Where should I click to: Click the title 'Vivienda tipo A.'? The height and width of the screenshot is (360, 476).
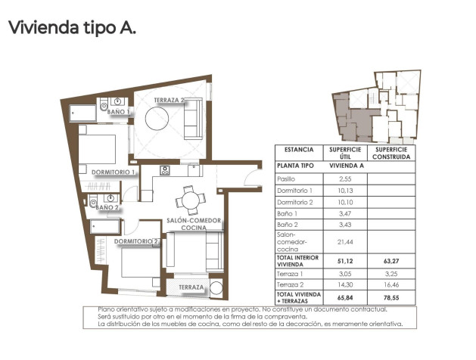(71, 29)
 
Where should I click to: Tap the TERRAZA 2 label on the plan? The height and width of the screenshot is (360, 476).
(170, 100)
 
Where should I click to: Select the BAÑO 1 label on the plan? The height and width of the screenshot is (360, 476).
(119, 112)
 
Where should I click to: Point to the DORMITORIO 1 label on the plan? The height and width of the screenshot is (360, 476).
(113, 172)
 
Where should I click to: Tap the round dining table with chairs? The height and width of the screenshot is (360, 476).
(189, 200)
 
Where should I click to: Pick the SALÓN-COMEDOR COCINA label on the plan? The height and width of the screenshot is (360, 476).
(194, 224)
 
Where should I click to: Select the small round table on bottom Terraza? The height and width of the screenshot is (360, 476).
(216, 288)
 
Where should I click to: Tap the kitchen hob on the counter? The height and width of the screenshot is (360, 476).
(165, 170)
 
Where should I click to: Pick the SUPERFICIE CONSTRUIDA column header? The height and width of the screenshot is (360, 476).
(391, 153)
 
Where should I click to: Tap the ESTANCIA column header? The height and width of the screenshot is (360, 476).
(294, 150)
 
